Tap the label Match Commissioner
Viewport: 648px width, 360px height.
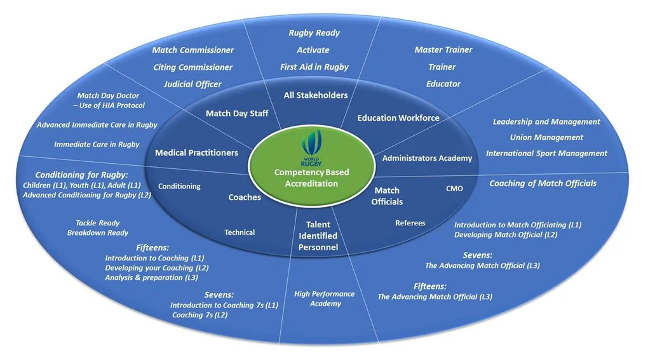tap(192, 50)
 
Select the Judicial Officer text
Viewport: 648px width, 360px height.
tap(192, 84)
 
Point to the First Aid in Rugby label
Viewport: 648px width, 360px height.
tap(314, 67)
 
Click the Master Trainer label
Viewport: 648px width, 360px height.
tap(443, 50)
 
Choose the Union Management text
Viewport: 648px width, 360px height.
tap(546, 137)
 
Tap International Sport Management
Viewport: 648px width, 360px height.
tap(546, 153)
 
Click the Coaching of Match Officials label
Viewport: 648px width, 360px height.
tap(543, 183)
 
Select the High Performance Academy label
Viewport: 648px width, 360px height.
tap(325, 298)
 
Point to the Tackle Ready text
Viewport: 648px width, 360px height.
tap(98, 223)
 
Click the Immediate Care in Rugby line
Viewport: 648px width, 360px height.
tap(97, 144)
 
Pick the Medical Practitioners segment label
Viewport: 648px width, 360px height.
tap(196, 152)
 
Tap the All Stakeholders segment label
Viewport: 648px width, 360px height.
tap(316, 95)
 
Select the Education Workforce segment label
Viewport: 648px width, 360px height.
tap(398, 117)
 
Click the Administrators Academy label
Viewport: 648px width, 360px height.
tap(427, 158)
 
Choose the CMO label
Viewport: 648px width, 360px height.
tap(455, 189)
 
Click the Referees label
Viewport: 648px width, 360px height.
tap(410, 223)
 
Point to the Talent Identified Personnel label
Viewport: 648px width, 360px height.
tap(318, 236)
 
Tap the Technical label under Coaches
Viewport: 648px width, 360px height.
tap(240, 232)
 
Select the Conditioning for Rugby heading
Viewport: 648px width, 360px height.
tap(81, 175)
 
